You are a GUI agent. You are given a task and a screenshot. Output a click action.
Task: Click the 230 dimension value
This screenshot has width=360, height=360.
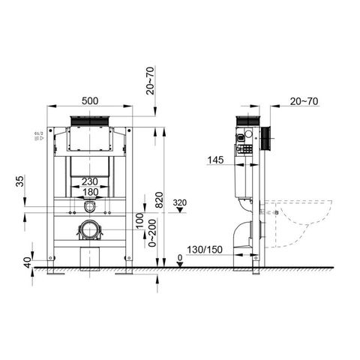click(x=91, y=181)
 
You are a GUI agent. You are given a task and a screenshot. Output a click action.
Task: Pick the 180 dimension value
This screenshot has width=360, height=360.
click(x=91, y=191)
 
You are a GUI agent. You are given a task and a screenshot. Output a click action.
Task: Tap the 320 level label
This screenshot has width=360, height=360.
click(x=179, y=202)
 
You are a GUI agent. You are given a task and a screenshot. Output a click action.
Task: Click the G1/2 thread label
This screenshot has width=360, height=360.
click(x=35, y=136)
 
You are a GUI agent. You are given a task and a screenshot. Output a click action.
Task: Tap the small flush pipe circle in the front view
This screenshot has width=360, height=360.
click(x=90, y=207)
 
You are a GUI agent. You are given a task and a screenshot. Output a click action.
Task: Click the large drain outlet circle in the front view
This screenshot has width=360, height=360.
click(x=90, y=231)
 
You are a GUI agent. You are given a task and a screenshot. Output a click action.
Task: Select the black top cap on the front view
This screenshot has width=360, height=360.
click(x=90, y=121)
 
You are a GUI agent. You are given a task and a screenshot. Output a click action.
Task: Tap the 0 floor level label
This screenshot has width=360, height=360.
click(x=180, y=258)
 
